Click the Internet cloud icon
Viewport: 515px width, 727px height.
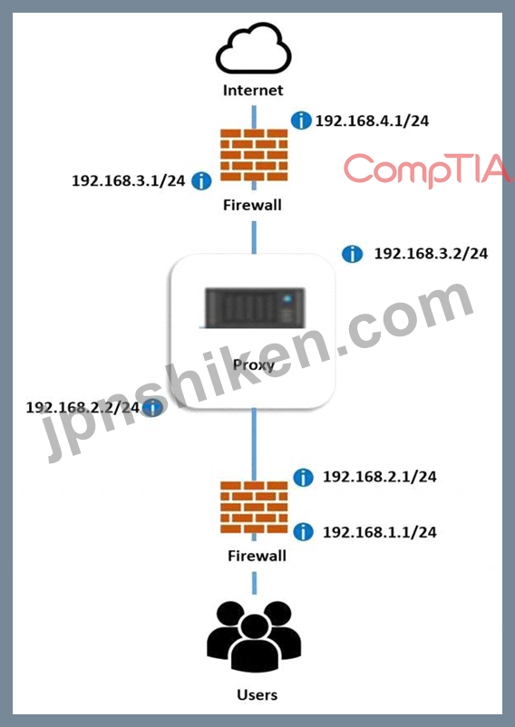coord(254,48)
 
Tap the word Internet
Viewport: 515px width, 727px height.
coord(253,90)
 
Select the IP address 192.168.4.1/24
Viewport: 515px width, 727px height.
coord(373,121)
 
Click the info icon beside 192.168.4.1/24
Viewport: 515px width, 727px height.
coord(301,121)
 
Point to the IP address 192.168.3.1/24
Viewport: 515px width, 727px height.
coord(129,180)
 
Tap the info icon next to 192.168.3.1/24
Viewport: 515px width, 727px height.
coord(201,180)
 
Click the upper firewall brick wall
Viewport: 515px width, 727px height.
coord(254,155)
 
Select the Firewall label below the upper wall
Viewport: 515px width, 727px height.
coord(253,205)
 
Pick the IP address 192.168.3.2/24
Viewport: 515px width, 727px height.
coord(431,254)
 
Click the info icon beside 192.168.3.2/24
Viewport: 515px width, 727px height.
coord(353,254)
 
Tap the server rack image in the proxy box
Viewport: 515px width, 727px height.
coord(255,308)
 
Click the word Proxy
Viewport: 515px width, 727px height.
coord(254,365)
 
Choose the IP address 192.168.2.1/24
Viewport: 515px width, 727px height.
coord(380,477)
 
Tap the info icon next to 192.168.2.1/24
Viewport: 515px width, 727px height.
coord(303,477)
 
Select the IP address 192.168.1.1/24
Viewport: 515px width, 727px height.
coord(380,532)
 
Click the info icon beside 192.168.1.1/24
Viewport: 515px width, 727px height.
coord(303,531)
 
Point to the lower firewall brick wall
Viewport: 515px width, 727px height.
coord(254,508)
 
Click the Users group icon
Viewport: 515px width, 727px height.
coord(254,636)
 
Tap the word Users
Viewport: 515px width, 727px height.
coord(257,694)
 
